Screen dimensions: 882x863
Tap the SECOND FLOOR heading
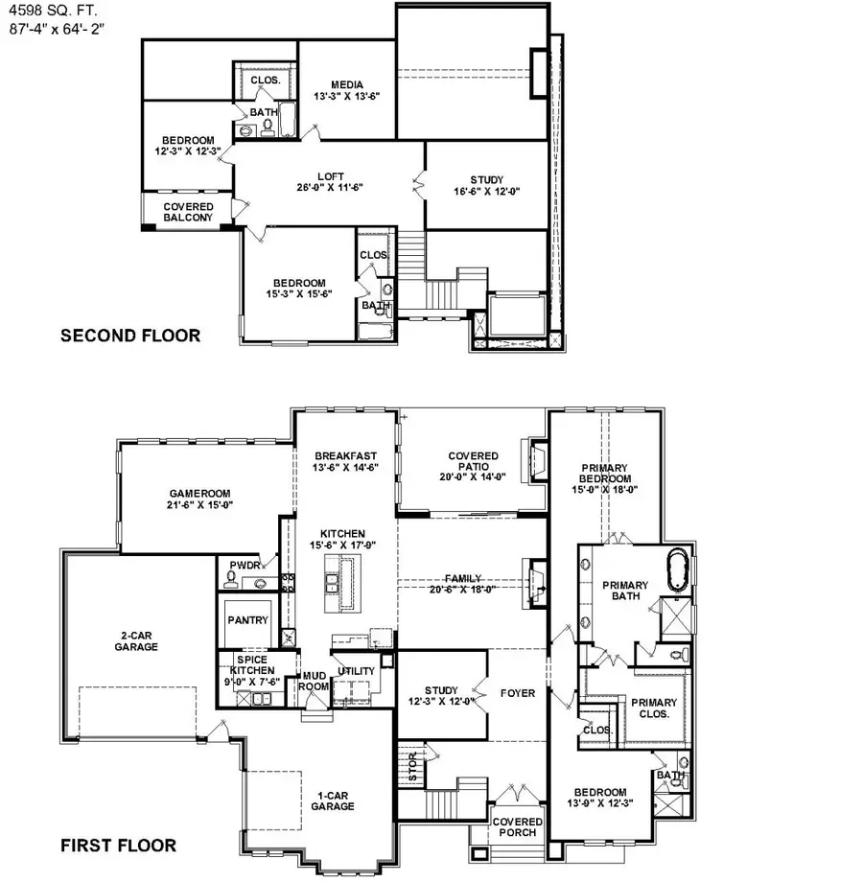point(130,336)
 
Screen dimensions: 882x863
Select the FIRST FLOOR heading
point(118,846)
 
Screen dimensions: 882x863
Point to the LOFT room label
point(331,181)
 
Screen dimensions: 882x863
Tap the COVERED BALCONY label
point(188,212)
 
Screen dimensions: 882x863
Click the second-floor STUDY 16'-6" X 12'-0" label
point(486,186)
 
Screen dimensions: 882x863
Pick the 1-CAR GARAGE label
point(332,800)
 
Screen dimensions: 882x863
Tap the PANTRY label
point(246,620)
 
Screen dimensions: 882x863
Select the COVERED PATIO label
point(473,467)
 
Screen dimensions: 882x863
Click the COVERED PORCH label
point(517,826)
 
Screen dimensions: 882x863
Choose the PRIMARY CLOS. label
point(653,708)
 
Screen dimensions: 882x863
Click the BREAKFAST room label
point(345,461)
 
